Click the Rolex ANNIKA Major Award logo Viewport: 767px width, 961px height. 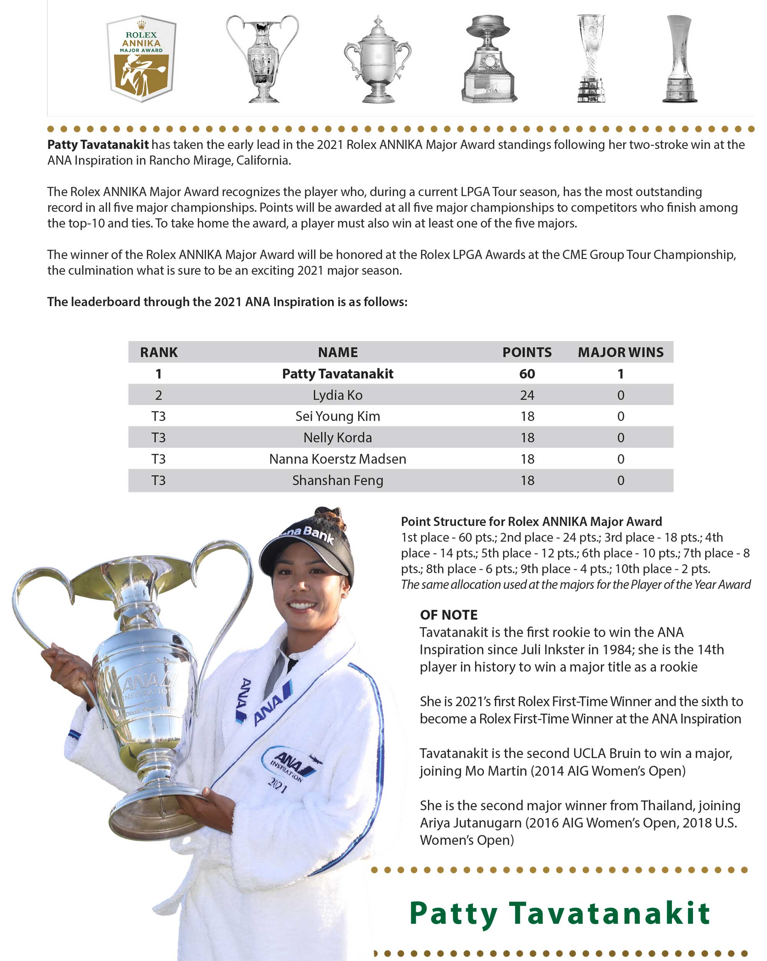141,59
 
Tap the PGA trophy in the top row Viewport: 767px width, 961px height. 489,59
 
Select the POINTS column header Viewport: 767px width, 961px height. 527,352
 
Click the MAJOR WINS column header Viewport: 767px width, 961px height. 621,352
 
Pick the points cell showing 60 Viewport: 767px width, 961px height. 527,374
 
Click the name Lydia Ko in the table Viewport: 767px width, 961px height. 337,395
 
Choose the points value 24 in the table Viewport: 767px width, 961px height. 527,395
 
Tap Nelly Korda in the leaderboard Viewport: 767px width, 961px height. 337,437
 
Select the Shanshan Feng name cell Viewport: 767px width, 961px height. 337,480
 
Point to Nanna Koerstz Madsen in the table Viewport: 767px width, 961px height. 337,459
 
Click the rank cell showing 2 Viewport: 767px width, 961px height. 158,395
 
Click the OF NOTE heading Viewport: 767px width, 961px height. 448,615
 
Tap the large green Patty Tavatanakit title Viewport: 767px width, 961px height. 559,913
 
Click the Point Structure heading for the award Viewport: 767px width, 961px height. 531,521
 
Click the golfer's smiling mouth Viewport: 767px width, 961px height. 302,605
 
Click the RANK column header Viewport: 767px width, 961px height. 159,352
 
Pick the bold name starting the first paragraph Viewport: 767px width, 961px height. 98,144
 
